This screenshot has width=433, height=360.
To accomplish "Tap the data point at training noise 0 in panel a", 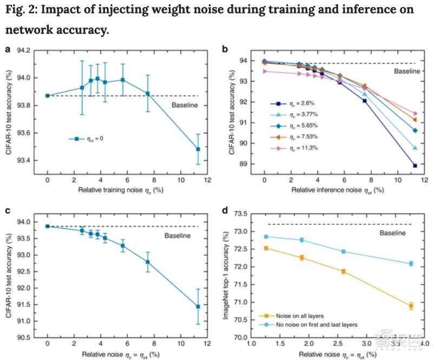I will point(48,95).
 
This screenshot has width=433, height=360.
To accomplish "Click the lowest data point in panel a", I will point(198,149).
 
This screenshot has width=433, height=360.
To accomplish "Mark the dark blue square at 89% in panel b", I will point(415,166).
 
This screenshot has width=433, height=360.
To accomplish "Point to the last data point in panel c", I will point(198,306).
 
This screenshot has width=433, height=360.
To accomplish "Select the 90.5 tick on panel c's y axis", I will point(29,338).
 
